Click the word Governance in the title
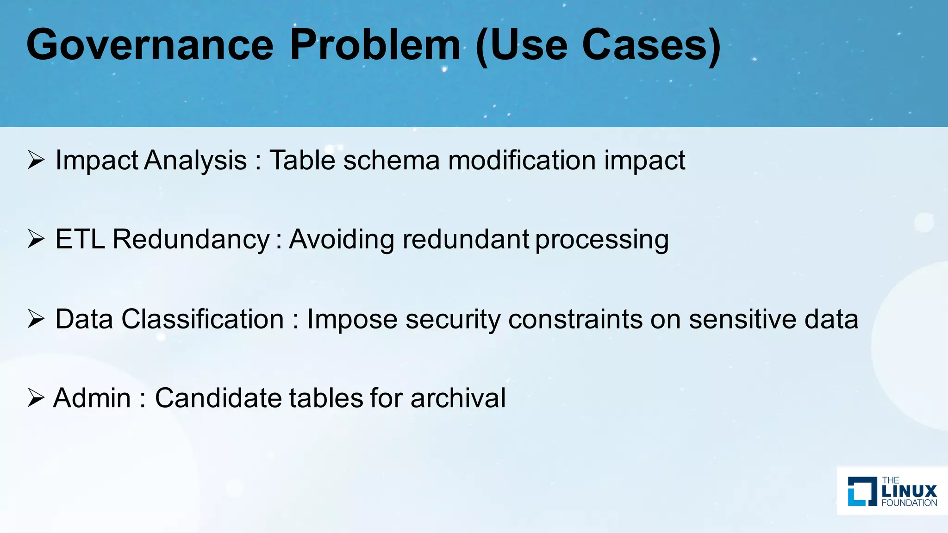(x=150, y=45)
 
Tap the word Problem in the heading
(x=375, y=45)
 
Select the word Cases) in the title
(x=651, y=45)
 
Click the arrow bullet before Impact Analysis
(x=36, y=160)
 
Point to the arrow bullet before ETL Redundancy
(x=36, y=239)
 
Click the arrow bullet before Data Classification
(x=36, y=319)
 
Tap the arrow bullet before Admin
(x=36, y=398)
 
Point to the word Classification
(x=203, y=319)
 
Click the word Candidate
(x=218, y=398)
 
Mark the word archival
(x=458, y=398)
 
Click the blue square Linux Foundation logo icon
(x=862, y=491)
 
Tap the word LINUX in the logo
(x=909, y=491)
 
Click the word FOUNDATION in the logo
(x=909, y=503)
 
